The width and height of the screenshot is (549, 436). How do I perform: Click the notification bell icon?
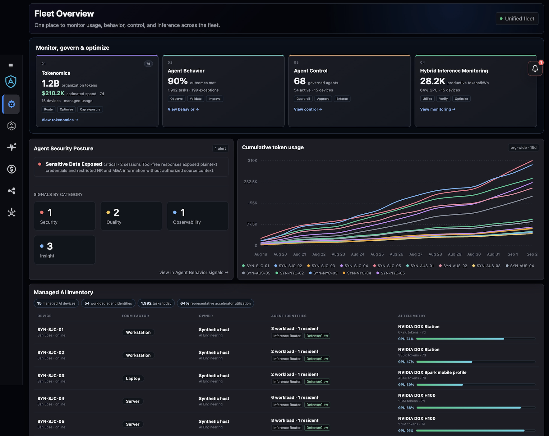click(535, 68)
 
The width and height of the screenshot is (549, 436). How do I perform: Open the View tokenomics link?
click(60, 120)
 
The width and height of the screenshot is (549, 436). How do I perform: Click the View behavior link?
click(183, 109)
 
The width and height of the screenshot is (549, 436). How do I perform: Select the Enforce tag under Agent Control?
click(342, 99)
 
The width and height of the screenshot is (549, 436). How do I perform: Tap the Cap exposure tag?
click(90, 109)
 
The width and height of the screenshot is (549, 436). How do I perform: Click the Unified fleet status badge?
click(517, 19)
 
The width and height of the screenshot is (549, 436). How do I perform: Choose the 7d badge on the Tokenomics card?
click(148, 64)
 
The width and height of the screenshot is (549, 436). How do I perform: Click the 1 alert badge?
click(220, 148)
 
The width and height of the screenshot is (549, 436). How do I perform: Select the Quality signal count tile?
click(131, 216)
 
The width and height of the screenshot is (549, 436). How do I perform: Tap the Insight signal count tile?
click(65, 250)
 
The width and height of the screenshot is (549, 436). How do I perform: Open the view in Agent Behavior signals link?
click(194, 272)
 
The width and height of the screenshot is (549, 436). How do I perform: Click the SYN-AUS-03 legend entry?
click(486, 266)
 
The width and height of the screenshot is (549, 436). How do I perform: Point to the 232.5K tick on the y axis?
click(251, 182)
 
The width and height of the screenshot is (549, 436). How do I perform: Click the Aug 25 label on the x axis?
click(377, 254)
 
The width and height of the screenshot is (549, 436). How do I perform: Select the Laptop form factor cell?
click(133, 378)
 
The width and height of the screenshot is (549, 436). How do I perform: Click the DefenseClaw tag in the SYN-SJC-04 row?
click(317, 405)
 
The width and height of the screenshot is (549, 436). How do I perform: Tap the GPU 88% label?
click(406, 408)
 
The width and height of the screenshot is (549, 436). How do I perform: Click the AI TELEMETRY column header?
click(412, 316)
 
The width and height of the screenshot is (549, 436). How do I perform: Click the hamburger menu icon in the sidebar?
click(11, 66)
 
